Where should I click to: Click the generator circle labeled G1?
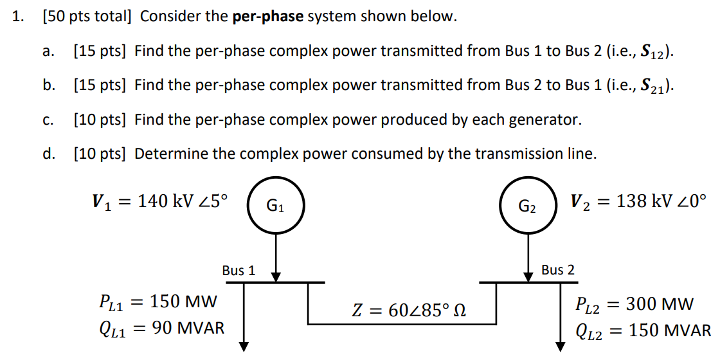(276, 207)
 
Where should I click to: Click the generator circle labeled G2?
(527, 207)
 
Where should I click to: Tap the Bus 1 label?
(239, 271)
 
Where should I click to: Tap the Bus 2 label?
(557, 270)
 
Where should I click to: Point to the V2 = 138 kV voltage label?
(638, 201)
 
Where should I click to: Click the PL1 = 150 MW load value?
(157, 301)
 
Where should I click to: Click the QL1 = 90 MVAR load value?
(161, 329)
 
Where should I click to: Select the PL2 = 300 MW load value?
(634, 303)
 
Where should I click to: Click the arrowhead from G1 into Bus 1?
(276, 276)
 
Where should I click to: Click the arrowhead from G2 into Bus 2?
(527, 276)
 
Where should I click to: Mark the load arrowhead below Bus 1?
(244, 346)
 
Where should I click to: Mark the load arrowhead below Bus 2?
(560, 346)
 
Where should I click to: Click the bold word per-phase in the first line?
(268, 17)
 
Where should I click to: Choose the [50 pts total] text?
(86, 17)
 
